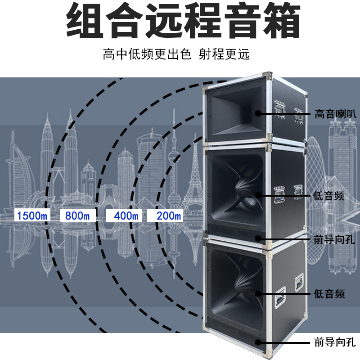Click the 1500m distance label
pyautogui.click(x=31, y=216)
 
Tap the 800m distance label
pyautogui.click(x=77, y=216)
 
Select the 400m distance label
pyautogui.click(x=126, y=216)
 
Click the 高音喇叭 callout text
pyautogui.click(x=332, y=113)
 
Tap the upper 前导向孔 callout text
pyautogui.click(x=332, y=239)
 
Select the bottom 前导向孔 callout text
pyautogui.click(x=332, y=343)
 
